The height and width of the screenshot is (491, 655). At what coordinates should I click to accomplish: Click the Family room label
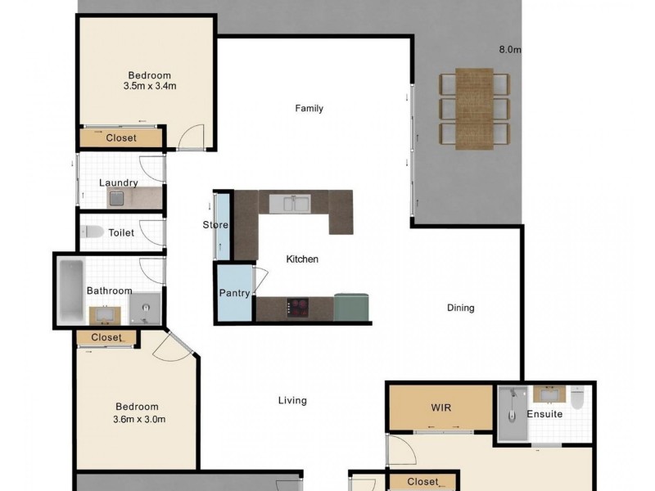(309, 109)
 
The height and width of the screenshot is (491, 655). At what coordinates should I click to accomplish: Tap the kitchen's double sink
(290, 203)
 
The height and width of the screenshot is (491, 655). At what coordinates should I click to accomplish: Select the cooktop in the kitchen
(297, 308)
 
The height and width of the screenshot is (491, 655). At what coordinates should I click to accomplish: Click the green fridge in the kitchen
(351, 308)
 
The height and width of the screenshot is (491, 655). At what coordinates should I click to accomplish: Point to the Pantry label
(234, 293)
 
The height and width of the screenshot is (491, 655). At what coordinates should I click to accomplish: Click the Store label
(215, 224)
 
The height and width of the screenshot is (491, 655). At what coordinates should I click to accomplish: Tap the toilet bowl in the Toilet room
(93, 232)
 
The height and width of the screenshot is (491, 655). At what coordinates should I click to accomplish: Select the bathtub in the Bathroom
(71, 291)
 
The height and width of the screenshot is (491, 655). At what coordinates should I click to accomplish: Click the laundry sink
(116, 198)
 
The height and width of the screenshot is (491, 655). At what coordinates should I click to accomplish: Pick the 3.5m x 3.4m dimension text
(150, 87)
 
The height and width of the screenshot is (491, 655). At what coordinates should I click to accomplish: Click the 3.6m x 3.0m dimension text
(139, 419)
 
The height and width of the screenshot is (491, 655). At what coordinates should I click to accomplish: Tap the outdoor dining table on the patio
(474, 109)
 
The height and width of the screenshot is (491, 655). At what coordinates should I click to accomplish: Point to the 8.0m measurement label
(510, 49)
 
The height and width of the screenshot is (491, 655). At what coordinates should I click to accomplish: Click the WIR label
(441, 407)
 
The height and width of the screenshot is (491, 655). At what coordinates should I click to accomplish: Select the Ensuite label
(544, 414)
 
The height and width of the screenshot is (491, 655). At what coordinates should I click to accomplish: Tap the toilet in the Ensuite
(577, 398)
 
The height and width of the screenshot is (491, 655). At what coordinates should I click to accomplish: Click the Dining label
(461, 309)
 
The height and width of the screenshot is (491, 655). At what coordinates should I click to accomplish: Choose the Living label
(292, 401)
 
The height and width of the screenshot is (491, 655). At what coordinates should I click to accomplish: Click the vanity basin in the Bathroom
(105, 315)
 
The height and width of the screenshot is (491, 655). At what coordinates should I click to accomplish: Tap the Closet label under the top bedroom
(121, 137)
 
